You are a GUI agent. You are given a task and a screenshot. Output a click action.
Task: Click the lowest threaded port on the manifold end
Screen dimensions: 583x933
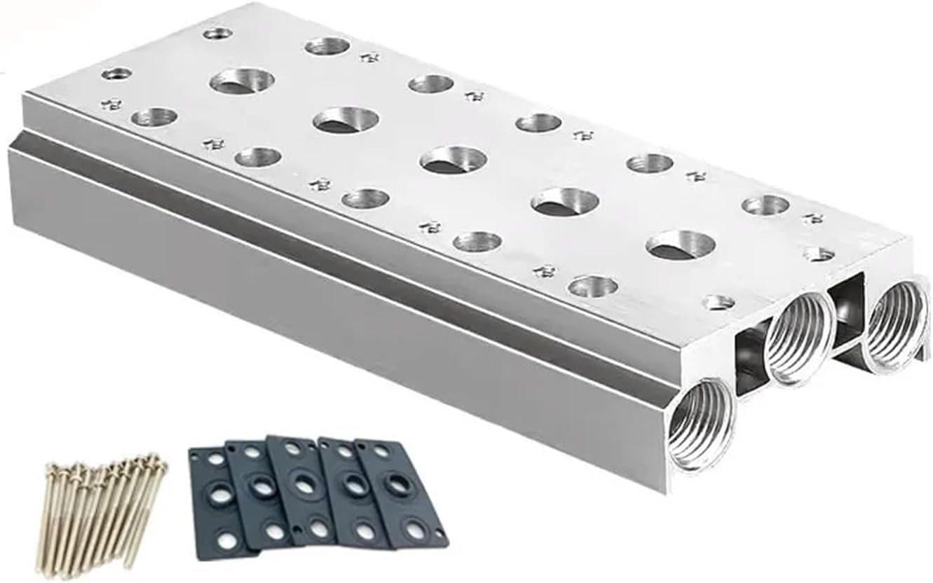coord(702,423)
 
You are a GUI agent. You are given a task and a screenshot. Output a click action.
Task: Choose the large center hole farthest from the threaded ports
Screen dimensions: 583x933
coord(241,81)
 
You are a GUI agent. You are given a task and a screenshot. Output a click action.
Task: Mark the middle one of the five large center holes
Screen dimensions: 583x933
coord(454,160)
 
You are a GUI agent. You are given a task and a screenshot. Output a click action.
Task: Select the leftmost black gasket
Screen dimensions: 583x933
coord(217,502)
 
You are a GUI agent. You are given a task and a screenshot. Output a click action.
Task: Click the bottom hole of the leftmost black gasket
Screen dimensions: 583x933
coord(226,540)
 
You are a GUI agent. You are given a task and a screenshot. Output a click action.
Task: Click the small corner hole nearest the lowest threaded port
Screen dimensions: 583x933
coord(719,303)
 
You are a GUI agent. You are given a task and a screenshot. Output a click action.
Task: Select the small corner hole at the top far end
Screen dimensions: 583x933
coord(217,33)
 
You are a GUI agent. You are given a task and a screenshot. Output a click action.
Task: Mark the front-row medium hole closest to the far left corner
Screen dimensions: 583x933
coord(154,117)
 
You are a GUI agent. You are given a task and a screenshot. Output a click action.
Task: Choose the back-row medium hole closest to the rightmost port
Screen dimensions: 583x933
coord(765,205)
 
